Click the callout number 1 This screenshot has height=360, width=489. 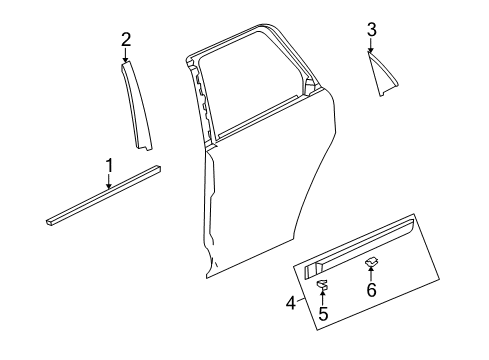pos(109,166)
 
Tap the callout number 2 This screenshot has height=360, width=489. pos(126,40)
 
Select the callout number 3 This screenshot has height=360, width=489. pos(372,30)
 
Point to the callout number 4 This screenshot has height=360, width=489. pos(291,303)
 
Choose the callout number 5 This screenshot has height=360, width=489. pos(323,313)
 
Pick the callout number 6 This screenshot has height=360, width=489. pos(371,289)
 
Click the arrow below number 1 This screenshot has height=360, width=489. pos(109,182)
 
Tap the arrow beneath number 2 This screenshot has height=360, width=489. pos(125,55)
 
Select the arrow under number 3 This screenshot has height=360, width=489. pos(371,45)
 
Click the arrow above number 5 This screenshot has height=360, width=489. pos(322,297)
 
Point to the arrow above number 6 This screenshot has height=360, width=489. pos(371,273)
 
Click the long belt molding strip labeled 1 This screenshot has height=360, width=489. pos(103,196)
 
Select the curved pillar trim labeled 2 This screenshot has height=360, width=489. pos(135,104)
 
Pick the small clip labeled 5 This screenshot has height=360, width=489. pos(322,284)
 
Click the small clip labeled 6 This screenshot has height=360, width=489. pos(372,262)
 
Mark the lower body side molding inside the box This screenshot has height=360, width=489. pos(359,247)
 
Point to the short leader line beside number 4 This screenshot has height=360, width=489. pos(301,300)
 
